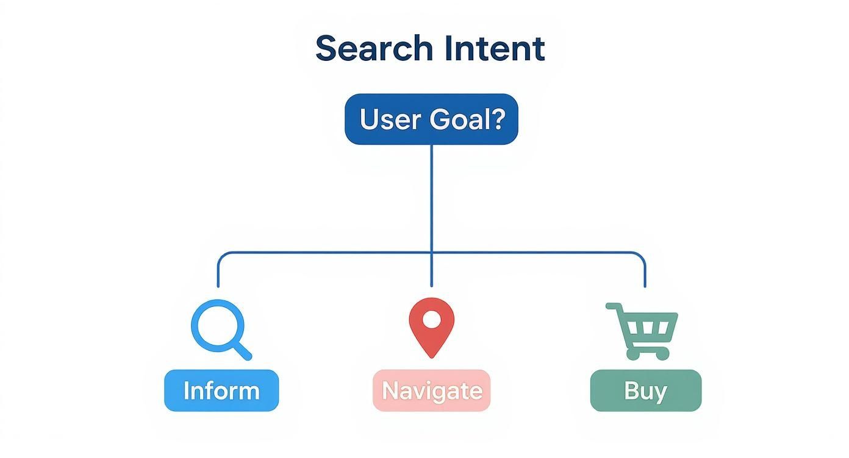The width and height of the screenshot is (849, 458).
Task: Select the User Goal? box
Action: tap(431, 119)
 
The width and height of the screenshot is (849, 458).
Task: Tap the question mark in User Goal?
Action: tap(498, 119)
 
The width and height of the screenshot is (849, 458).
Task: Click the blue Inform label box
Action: tap(221, 390)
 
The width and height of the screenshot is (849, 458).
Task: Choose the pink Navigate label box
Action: tap(431, 390)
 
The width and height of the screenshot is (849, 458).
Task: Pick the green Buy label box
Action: tap(645, 390)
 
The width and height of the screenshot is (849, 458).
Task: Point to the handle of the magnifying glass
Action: tap(242, 351)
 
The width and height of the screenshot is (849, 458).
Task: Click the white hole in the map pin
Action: tap(431, 319)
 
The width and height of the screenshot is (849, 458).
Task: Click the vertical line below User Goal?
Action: tap(431, 195)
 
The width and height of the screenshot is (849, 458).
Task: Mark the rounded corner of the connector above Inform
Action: tap(221, 256)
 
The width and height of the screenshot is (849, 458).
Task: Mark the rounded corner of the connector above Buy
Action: tap(641, 256)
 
